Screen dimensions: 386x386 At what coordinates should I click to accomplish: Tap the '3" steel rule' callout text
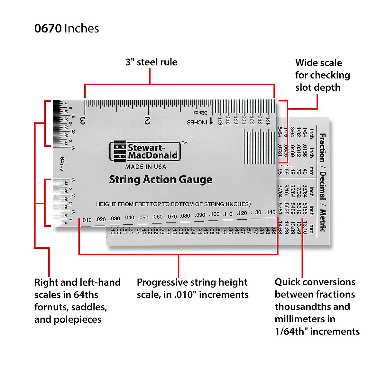(151, 62)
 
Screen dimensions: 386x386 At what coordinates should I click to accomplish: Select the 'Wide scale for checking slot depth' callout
(322, 75)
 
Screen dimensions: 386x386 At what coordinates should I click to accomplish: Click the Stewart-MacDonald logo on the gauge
(145, 152)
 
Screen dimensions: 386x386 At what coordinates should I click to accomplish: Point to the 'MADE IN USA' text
(146, 167)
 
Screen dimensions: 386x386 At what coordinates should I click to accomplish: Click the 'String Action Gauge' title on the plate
(161, 179)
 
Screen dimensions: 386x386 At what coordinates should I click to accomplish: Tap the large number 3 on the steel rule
(83, 121)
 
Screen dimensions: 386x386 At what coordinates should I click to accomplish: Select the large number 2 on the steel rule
(148, 121)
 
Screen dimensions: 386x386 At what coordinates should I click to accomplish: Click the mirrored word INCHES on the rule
(197, 122)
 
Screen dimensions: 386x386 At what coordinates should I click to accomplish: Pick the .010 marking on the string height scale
(86, 220)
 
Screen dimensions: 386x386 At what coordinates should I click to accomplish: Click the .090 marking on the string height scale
(200, 215)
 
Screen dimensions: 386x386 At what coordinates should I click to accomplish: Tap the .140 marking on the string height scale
(270, 212)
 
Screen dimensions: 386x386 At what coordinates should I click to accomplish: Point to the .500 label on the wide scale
(244, 120)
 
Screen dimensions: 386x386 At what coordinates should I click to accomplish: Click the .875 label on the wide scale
(220, 121)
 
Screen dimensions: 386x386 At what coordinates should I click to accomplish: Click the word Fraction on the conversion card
(322, 148)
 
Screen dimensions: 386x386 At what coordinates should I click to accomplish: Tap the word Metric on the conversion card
(322, 221)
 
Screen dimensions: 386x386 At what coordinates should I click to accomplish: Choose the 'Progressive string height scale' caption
(192, 289)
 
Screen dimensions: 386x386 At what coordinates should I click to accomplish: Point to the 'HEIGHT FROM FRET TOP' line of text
(173, 204)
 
